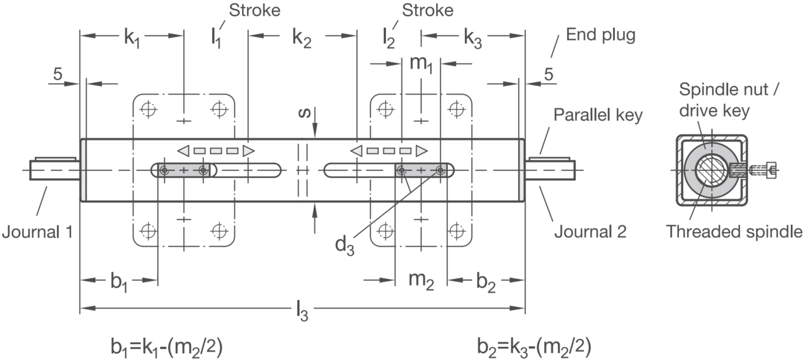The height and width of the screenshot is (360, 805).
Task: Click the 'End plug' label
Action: click(x=600, y=35)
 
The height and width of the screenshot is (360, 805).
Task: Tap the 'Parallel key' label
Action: click(x=598, y=115)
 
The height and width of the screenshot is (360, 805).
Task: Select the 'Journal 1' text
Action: click(x=37, y=232)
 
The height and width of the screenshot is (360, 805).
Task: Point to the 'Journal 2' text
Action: click(x=590, y=232)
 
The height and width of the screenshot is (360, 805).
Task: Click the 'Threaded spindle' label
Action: click(x=734, y=232)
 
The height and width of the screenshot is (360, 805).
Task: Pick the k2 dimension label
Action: click(x=302, y=38)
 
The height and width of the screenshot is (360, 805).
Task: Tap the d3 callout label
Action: click(x=344, y=246)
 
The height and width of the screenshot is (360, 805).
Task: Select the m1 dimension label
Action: click(x=421, y=65)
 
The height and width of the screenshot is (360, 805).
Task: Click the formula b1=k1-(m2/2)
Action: click(x=167, y=347)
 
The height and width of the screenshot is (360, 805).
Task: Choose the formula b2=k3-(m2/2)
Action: click(x=534, y=347)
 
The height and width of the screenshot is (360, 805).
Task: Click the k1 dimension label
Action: click(x=132, y=38)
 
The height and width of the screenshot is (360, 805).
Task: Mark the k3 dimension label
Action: click(x=473, y=38)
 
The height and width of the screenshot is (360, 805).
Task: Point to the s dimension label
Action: click(x=304, y=113)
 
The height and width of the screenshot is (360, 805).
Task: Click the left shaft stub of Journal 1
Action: click(x=55, y=169)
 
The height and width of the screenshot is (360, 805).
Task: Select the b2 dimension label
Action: click(x=486, y=283)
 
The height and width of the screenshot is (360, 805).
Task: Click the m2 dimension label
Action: click(x=421, y=281)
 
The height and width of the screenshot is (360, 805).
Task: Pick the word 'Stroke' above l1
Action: click(x=254, y=10)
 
